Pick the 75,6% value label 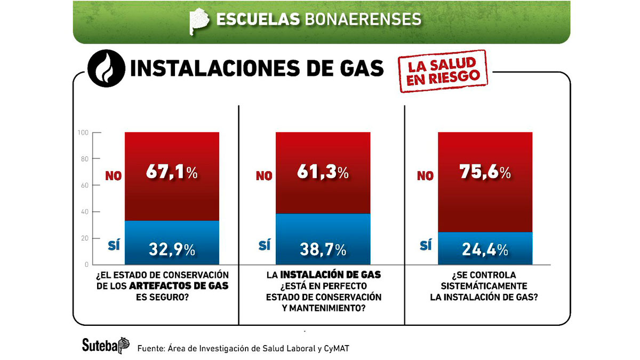pos(484,173)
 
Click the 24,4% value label pos(484,249)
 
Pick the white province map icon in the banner pos(199,20)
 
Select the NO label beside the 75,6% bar pos(425,175)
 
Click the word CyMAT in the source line pos(339,348)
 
